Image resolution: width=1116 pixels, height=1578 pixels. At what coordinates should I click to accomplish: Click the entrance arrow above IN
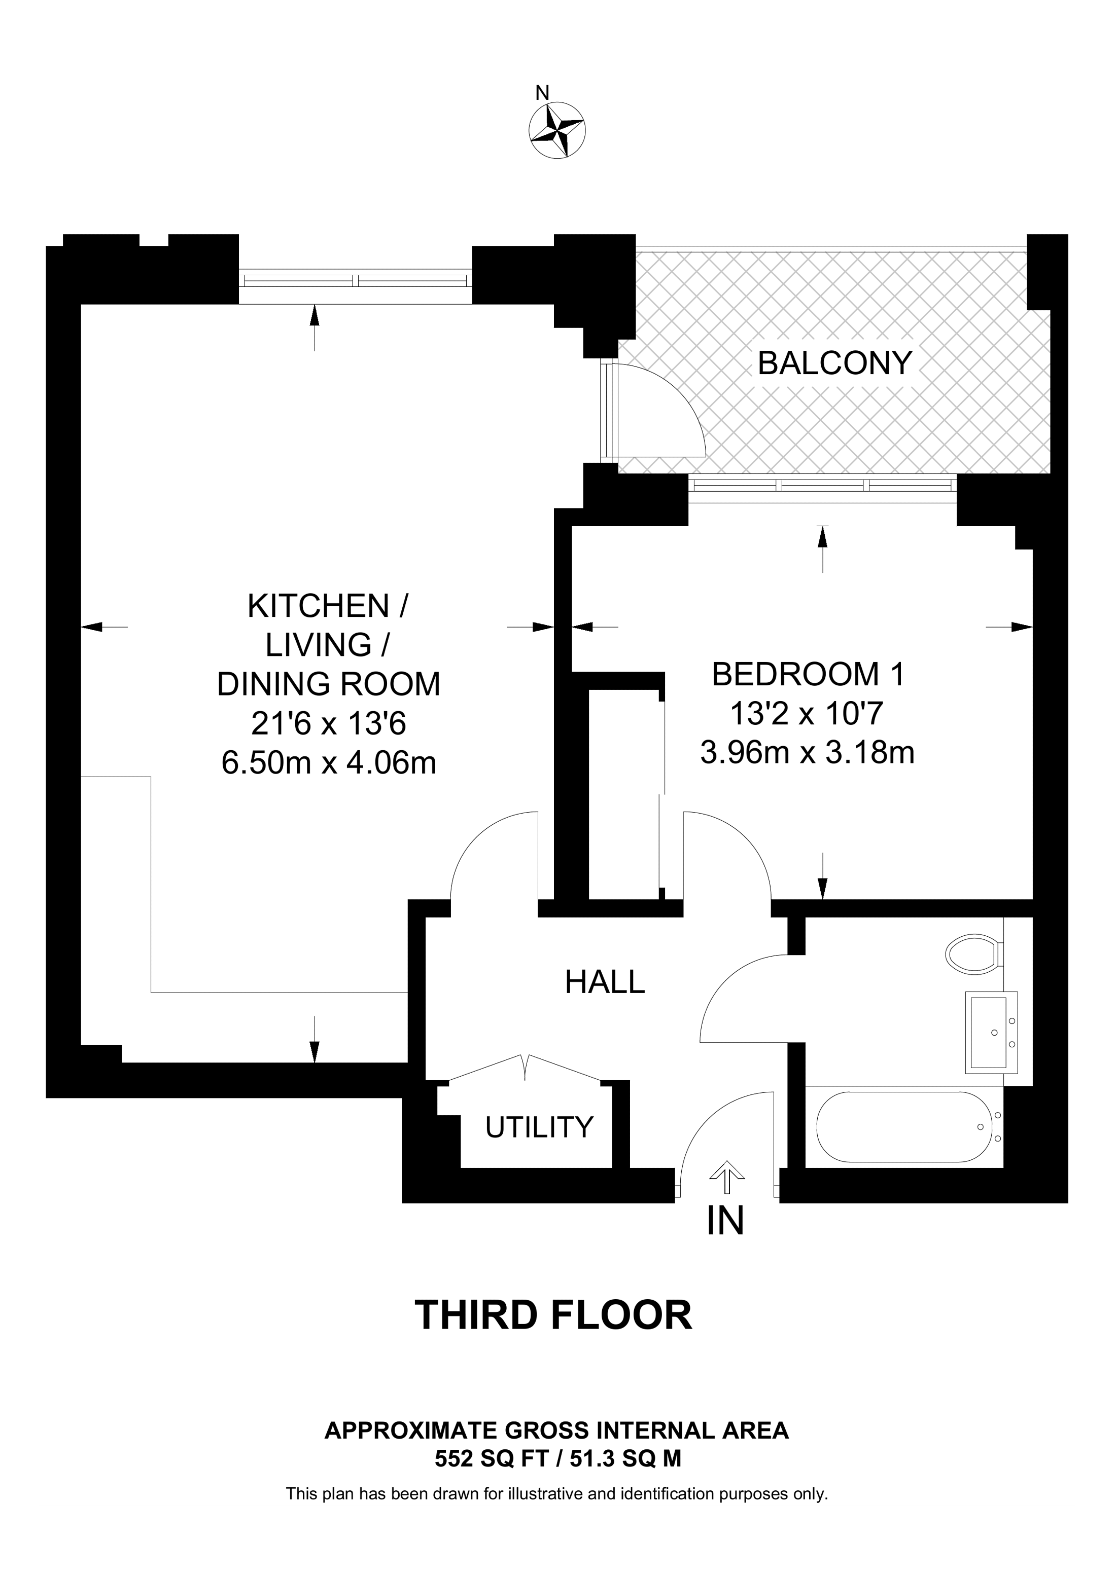click(726, 1178)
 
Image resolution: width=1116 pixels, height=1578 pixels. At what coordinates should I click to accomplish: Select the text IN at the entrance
click(725, 1221)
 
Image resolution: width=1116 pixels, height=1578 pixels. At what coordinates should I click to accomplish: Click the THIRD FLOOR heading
click(553, 1315)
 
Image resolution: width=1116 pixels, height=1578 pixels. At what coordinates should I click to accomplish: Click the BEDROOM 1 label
click(808, 674)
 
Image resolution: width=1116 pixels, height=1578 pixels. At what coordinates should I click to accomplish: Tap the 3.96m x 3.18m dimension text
click(807, 753)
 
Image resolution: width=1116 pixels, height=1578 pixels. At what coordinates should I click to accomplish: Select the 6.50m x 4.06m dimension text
click(329, 762)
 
